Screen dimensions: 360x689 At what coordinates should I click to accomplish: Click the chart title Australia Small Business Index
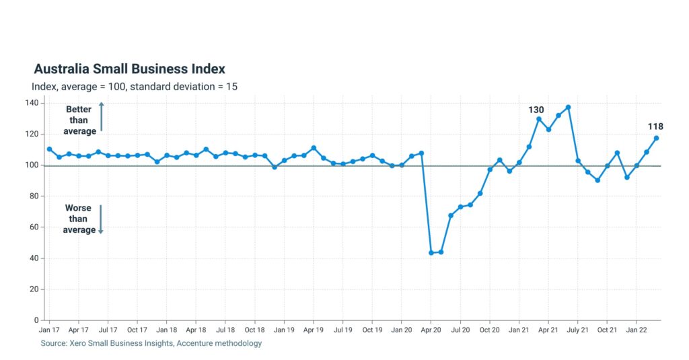coord(129,69)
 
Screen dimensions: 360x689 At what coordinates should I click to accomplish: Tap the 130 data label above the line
coord(536,110)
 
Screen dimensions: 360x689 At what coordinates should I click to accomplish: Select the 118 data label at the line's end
coord(655,127)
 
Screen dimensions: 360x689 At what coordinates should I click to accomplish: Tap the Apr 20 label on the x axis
coord(431,330)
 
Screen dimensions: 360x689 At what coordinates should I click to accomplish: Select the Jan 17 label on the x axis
coord(49,330)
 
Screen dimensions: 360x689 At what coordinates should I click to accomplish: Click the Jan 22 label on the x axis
coord(637,330)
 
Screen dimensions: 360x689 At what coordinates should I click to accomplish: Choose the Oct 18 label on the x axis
coord(254,330)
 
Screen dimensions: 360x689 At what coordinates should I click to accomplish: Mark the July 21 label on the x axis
coord(578,330)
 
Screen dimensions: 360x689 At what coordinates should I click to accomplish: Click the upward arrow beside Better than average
coord(101,116)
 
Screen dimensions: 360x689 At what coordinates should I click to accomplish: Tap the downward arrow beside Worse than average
coord(101,219)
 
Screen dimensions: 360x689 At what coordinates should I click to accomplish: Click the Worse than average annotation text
coord(79,219)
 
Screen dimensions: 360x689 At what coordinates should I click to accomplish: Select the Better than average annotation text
coord(79,120)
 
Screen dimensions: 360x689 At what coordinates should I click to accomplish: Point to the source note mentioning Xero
coord(151,343)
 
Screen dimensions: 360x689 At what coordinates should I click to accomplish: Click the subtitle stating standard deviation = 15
coord(134,86)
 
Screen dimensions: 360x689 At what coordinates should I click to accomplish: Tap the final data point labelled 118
coord(656,138)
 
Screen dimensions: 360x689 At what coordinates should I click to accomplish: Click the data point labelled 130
coord(539,119)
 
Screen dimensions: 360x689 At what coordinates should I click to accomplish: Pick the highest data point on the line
coord(569,107)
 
